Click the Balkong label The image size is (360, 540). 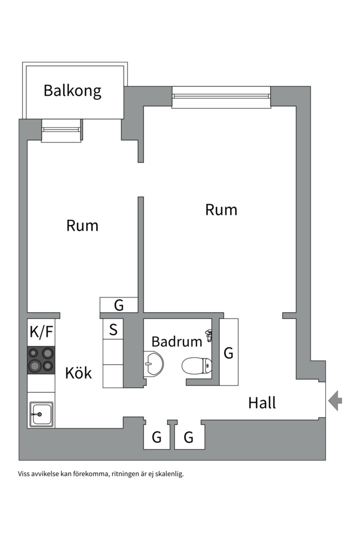click(72, 90)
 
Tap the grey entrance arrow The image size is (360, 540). click(335, 400)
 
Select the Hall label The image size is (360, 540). click(262, 402)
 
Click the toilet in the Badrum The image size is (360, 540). click(197, 366)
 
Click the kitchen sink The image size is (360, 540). click(41, 414)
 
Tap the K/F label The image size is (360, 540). click(41, 331)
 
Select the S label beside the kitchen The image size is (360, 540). click(113, 330)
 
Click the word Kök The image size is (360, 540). click(78, 372)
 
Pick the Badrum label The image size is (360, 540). click(176, 341)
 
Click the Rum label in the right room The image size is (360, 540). click(221, 209)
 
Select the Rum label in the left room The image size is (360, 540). click(82, 225)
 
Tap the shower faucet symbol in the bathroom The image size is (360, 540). click(209, 335)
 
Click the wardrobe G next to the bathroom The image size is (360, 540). click(228, 353)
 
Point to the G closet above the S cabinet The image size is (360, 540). click(119, 304)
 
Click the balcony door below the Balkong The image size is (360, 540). click(61, 129)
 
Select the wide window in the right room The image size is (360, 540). click(221, 96)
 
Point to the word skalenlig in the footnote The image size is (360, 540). click(169, 473)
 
